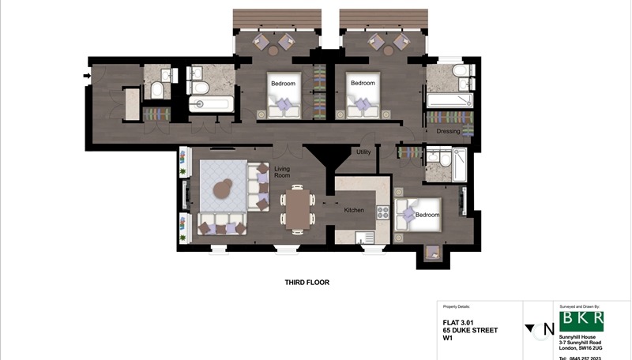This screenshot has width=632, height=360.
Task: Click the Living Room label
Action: [282, 173]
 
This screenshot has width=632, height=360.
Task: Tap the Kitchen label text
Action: [353, 211]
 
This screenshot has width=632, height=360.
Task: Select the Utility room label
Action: [363, 152]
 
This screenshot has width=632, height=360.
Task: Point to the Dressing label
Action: [448, 132]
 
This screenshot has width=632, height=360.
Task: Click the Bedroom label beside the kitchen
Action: [427, 215]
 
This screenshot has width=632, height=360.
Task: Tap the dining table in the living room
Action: [297, 210]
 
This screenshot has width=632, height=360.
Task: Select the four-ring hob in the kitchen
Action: [382, 212]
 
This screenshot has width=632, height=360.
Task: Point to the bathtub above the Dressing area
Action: [449, 100]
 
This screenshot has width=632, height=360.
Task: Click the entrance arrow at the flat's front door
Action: [85, 77]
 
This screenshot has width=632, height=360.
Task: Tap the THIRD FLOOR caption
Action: [307, 282]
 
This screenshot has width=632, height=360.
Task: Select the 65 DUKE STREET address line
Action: [470, 330]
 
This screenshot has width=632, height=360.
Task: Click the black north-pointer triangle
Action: [529, 328]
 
